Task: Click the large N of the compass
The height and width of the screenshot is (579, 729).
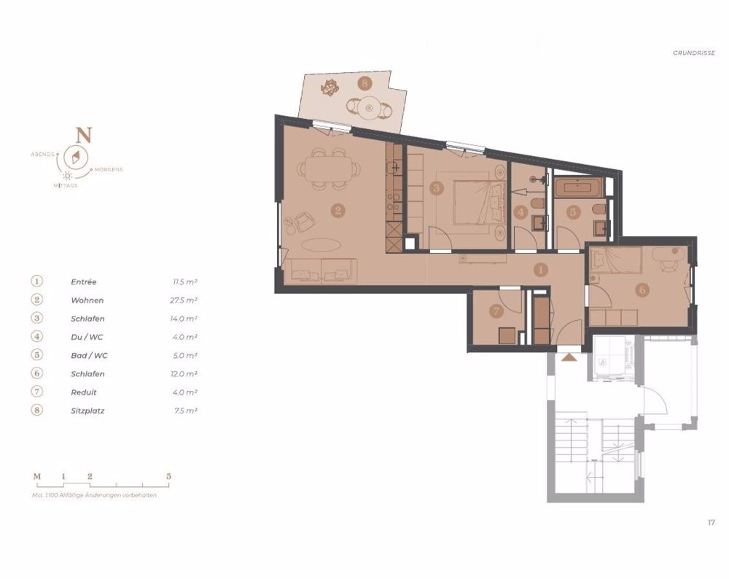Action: coord(85,135)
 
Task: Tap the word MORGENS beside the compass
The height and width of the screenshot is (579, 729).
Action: coord(108,170)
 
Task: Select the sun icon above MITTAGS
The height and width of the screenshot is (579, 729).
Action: coord(67,176)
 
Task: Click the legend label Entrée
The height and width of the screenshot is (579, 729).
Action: coord(84,281)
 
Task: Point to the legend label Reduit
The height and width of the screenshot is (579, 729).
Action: coord(83,392)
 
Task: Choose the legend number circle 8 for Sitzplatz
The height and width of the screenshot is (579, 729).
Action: coord(37,411)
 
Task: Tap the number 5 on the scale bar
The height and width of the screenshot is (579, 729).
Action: coord(169,476)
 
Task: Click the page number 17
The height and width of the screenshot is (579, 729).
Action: coord(711,522)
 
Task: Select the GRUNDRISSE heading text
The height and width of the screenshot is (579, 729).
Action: coord(694,53)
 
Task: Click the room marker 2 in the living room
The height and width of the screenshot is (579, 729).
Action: coord(338,211)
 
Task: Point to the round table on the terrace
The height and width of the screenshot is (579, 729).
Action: coord(370,109)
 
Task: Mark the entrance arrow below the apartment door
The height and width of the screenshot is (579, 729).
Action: coord(569,357)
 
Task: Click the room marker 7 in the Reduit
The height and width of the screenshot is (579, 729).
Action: coord(496,311)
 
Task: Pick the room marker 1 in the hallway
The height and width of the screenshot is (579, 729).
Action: coord(540,270)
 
